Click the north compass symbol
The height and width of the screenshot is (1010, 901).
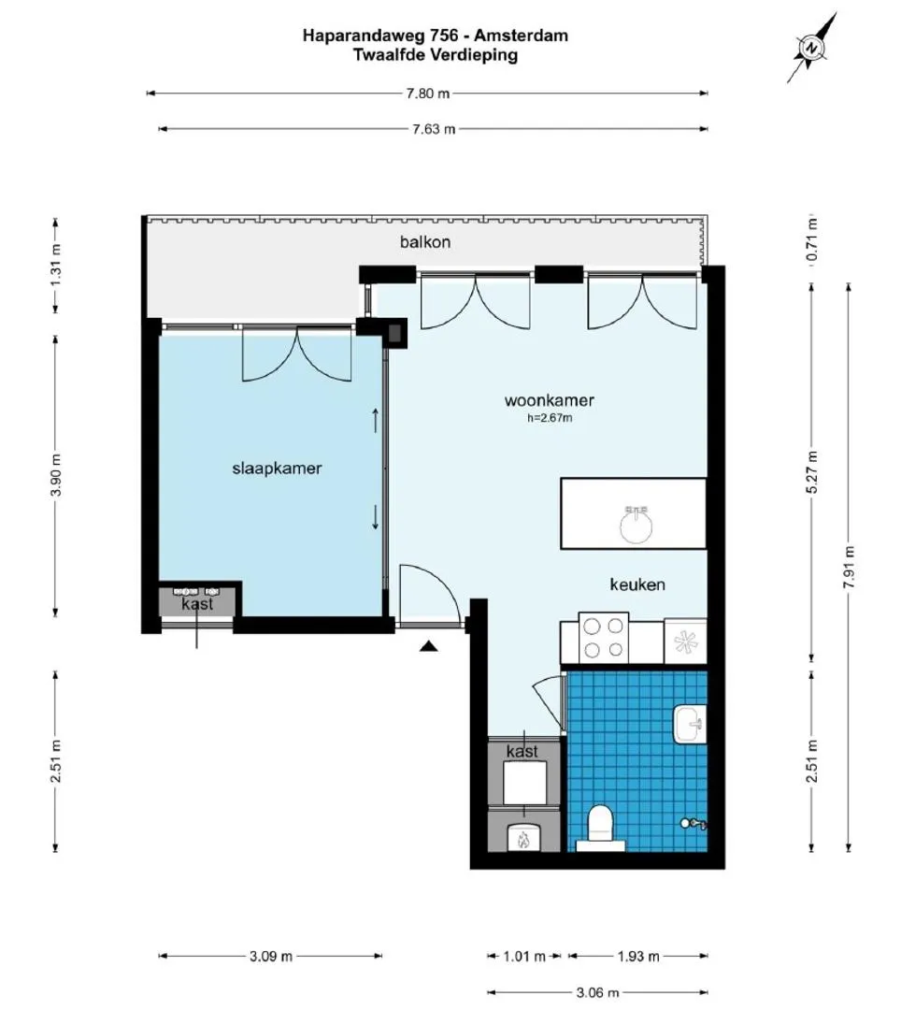point(812,48)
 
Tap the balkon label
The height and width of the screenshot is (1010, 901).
point(424,242)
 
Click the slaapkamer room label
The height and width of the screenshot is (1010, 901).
point(277,469)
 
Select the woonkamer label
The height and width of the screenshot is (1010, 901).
point(549,400)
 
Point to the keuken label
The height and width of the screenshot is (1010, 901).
point(637,584)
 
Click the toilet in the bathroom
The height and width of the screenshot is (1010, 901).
point(600,828)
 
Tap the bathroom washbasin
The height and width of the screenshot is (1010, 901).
point(690,724)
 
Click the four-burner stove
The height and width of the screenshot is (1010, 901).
point(604,638)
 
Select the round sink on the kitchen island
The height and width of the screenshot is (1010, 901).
point(636,525)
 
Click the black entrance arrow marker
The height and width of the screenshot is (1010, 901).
point(429,646)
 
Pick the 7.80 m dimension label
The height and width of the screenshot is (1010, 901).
point(427,94)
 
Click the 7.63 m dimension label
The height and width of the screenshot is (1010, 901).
point(434,129)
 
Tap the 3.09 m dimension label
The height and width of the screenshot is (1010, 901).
point(271,956)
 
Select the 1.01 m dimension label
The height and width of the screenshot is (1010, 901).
point(524,956)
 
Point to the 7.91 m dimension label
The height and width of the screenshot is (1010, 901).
point(850,567)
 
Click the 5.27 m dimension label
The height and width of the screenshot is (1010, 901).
point(812,472)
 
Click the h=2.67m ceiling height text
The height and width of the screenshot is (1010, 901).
point(550,418)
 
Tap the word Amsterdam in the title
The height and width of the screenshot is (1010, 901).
point(527,35)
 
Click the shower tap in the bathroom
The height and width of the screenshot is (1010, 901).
point(694,823)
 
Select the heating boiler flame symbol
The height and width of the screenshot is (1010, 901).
point(522,839)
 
